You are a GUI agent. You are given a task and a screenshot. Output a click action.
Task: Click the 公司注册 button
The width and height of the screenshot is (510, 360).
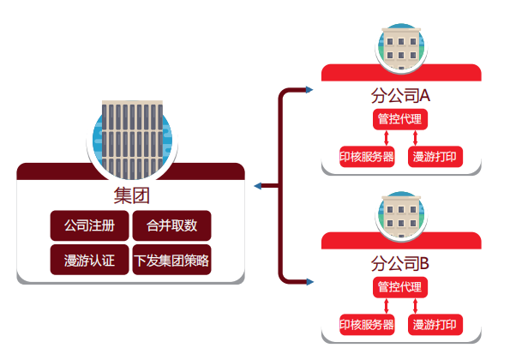click(89, 225)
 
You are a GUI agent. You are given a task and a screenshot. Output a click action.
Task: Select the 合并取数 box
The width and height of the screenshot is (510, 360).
click(171, 225)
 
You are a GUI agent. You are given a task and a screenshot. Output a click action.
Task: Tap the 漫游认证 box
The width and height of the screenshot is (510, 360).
click(89, 260)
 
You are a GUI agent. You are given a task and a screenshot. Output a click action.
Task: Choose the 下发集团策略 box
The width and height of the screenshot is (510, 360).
click(171, 260)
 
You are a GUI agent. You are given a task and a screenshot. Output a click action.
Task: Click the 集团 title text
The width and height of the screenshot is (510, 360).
click(131, 195)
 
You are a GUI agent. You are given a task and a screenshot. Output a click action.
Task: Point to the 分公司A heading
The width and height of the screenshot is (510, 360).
click(401, 96)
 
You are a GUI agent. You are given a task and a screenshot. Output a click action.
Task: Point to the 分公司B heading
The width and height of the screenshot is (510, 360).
click(400, 263)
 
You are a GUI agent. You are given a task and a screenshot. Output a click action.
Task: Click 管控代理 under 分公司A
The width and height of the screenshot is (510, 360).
click(400, 119)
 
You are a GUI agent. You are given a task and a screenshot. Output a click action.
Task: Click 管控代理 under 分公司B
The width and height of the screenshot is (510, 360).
click(400, 287)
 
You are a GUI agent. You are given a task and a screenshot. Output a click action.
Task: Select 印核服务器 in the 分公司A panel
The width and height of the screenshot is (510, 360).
click(367, 157)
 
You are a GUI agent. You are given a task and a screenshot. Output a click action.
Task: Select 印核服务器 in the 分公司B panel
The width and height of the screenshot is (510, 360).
click(367, 325)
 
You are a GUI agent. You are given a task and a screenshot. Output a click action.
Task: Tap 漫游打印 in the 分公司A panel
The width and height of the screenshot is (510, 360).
click(435, 157)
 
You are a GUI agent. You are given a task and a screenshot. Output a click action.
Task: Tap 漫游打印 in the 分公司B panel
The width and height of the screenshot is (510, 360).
click(435, 325)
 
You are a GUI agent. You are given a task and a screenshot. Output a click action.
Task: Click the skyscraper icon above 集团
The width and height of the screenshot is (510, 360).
click(132, 140)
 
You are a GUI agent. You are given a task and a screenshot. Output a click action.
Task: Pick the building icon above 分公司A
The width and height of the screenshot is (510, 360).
click(401, 47)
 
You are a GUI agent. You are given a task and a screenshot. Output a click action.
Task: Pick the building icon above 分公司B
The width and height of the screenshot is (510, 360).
click(401, 215)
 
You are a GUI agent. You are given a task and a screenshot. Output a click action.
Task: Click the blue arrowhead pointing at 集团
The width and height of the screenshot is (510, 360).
click(258, 186)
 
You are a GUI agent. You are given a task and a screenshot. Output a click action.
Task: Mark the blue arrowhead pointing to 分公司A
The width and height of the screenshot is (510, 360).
click(309, 90)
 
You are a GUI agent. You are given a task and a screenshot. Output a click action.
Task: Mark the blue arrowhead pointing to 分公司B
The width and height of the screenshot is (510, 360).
click(309, 282)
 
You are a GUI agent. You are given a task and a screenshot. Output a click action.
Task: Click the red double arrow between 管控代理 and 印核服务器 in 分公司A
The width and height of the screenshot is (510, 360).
click(387, 138)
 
